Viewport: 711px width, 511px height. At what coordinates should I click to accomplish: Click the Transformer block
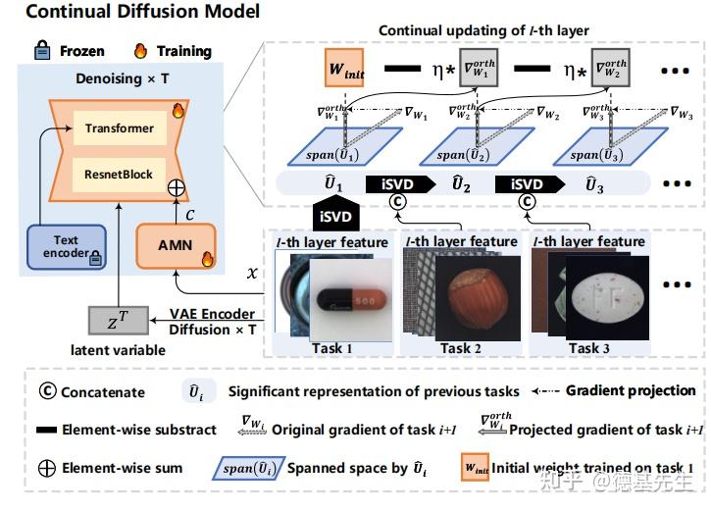119,128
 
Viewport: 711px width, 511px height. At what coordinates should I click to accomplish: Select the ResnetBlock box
119,175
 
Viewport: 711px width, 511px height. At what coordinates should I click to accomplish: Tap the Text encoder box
66,247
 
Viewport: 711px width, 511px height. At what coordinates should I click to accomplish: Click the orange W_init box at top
345,72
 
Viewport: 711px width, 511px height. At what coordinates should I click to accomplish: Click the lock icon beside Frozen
41,50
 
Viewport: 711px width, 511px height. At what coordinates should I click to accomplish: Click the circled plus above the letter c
177,186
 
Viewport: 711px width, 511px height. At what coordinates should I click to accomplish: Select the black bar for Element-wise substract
45,430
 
